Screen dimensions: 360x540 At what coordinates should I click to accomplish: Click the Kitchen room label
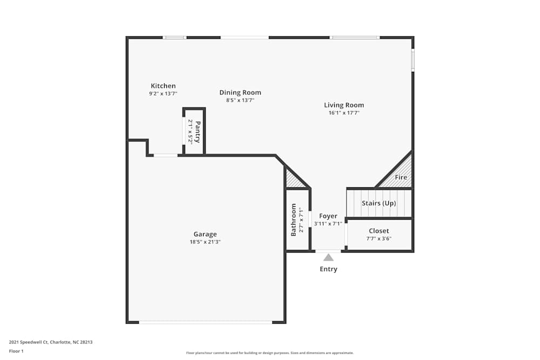[x=163, y=86]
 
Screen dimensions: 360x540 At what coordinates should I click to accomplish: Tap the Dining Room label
[x=240, y=92]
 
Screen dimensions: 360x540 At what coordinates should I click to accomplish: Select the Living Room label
[x=344, y=105]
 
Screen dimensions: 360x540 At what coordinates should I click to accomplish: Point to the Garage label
[x=205, y=234]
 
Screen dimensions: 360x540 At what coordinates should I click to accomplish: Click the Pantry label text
[x=198, y=132]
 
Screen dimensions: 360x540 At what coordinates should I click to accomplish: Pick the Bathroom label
[x=294, y=220]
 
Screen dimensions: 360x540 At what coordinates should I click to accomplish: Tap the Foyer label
[x=328, y=216]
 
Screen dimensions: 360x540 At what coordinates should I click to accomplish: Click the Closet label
[x=379, y=231]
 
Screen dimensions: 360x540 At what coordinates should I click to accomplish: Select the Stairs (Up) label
[x=379, y=203]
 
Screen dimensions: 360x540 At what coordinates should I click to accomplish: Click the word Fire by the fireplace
[x=401, y=177]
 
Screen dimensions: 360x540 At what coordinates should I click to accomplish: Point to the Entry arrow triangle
[x=328, y=257]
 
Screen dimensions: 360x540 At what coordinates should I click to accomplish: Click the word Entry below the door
[x=328, y=269]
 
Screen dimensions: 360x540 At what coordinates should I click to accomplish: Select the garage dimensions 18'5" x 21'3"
[x=205, y=242]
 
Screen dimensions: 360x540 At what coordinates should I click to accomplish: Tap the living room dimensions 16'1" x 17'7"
[x=344, y=113]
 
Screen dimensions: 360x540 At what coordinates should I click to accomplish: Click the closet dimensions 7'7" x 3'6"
[x=379, y=239]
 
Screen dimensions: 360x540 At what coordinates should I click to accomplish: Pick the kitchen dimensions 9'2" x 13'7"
[x=163, y=93]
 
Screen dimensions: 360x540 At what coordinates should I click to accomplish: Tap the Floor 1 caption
[x=16, y=351]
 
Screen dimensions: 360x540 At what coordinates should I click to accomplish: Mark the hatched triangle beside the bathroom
[x=293, y=180]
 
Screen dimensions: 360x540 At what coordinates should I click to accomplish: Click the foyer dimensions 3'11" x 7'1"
[x=328, y=223]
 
